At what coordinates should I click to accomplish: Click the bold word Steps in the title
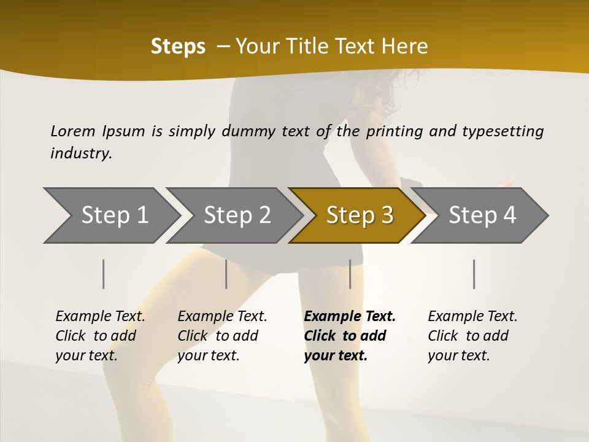(178, 47)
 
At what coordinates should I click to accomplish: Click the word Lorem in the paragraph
(73, 131)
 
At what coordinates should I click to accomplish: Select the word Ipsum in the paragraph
(124, 131)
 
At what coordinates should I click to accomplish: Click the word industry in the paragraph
(80, 153)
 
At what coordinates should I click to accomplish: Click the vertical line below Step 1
(104, 274)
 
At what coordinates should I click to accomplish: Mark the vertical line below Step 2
(226, 274)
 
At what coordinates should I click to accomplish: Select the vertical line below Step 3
(350, 274)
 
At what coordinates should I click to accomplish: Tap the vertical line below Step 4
(474, 274)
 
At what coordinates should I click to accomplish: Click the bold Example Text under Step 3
(350, 316)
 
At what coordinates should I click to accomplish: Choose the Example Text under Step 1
(100, 316)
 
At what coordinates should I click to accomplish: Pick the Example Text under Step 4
(472, 316)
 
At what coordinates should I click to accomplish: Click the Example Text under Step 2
(222, 316)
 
